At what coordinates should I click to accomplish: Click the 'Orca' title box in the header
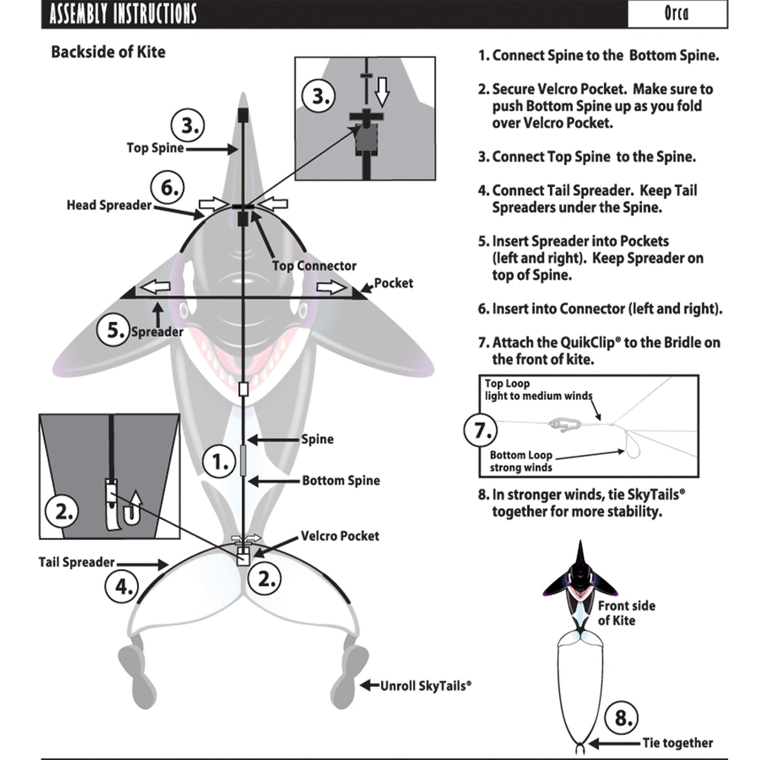pyautogui.click(x=677, y=14)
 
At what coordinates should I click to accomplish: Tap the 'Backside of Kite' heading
pyautogui.click(x=108, y=52)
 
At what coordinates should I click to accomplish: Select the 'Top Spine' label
pyautogui.click(x=155, y=148)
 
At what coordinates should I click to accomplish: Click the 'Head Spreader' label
pyautogui.click(x=109, y=205)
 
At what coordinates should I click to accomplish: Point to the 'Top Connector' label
pyautogui.click(x=314, y=266)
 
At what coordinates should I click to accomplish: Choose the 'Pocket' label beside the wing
pyautogui.click(x=393, y=283)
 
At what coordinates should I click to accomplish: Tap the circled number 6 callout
pyautogui.click(x=168, y=188)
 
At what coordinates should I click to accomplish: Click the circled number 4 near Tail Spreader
pyautogui.click(x=122, y=586)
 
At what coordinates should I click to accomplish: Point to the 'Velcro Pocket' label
pyautogui.click(x=340, y=536)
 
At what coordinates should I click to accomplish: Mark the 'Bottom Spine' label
pyautogui.click(x=341, y=481)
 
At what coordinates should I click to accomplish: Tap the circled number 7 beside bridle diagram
pyautogui.click(x=481, y=430)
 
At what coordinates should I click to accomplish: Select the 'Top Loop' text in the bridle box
pyautogui.click(x=507, y=384)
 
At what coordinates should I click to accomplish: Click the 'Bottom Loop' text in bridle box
pyautogui.click(x=521, y=455)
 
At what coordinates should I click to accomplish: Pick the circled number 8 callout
pyautogui.click(x=622, y=718)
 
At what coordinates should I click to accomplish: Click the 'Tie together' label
pyautogui.click(x=677, y=743)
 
